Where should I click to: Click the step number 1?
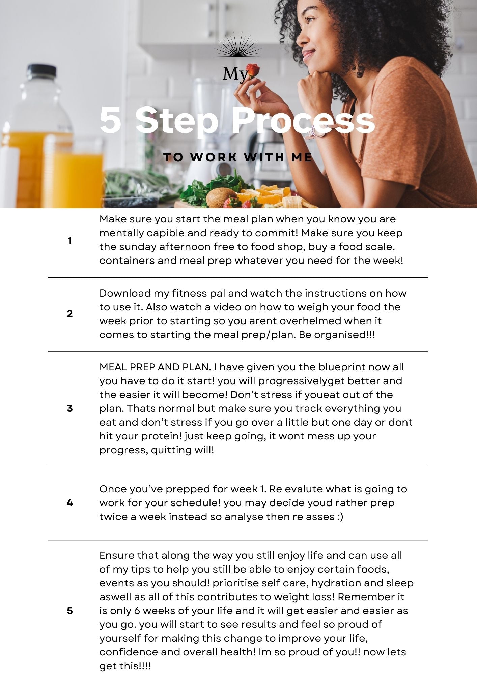[x=69, y=240]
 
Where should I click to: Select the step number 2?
[x=70, y=314]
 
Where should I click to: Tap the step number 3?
[x=70, y=408]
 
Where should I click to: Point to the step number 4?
[x=70, y=503]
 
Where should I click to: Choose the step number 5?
[x=70, y=611]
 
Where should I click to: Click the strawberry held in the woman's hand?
[x=253, y=71]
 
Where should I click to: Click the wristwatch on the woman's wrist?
[x=315, y=130]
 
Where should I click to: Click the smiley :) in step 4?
[x=340, y=517]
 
